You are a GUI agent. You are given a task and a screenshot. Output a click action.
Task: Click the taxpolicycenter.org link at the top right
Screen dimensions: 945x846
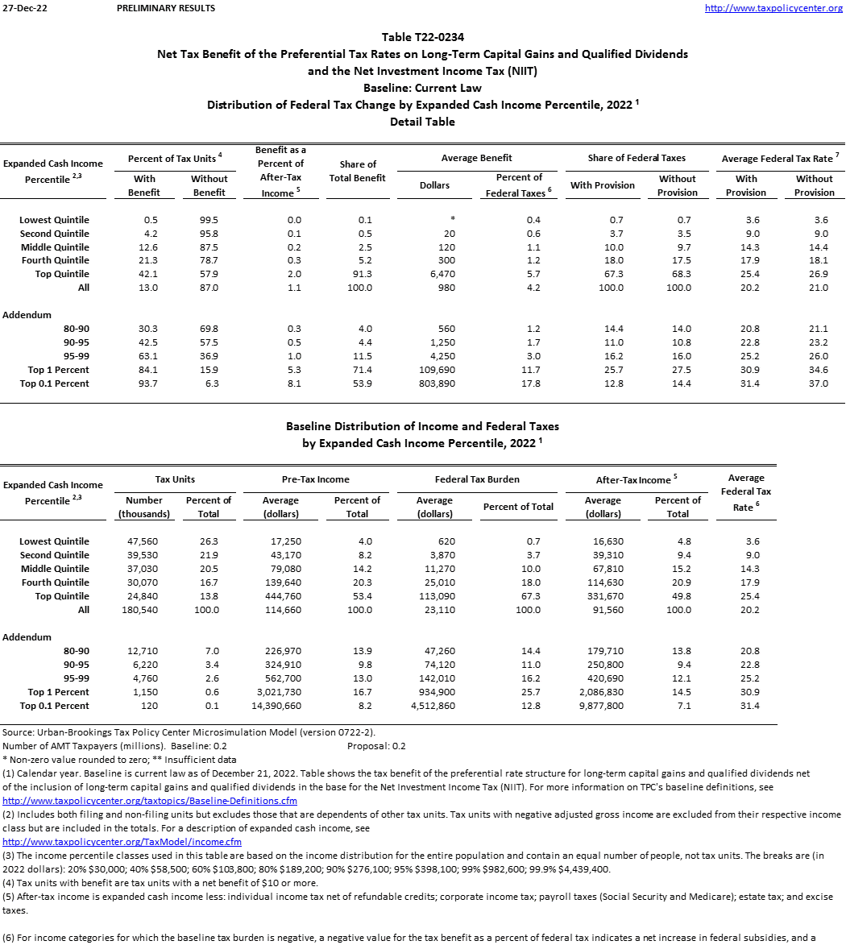[x=773, y=8]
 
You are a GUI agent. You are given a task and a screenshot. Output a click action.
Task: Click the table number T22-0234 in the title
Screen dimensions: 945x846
[x=422, y=37]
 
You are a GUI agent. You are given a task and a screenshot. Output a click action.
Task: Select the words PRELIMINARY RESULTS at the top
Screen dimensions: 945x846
[x=166, y=8]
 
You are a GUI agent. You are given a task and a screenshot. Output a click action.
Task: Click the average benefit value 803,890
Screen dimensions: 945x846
[x=431, y=383]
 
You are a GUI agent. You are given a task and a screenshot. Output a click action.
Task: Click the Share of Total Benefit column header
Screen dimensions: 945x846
[x=358, y=171]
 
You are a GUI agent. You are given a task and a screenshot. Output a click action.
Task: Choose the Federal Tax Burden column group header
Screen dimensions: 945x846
[x=477, y=479]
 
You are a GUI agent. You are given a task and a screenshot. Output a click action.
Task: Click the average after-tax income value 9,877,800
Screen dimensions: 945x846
[x=602, y=706]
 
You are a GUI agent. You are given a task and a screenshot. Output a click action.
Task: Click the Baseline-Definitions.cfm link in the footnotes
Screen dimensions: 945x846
[x=150, y=801]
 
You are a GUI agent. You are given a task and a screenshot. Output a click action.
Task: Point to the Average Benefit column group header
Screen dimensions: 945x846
[x=476, y=158]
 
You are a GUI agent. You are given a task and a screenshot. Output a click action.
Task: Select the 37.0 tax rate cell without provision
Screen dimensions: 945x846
[x=818, y=383]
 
